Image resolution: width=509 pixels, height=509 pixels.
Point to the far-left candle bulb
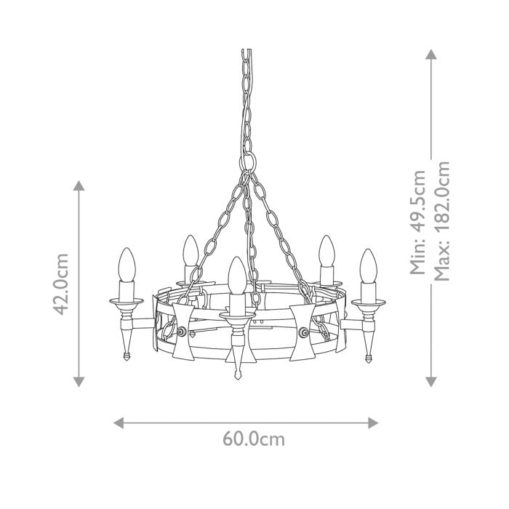[128, 266]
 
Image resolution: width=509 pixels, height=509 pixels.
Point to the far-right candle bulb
[369, 267]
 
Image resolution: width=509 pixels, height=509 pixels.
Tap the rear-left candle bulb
[191, 252]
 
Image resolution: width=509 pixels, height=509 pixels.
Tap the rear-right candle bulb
[326, 252]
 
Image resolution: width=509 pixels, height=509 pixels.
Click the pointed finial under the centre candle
[238, 376]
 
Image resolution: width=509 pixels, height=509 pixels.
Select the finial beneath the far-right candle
[369, 356]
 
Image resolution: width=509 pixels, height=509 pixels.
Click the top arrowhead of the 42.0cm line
[79, 185]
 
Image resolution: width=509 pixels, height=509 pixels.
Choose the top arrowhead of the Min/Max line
[431, 55]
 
